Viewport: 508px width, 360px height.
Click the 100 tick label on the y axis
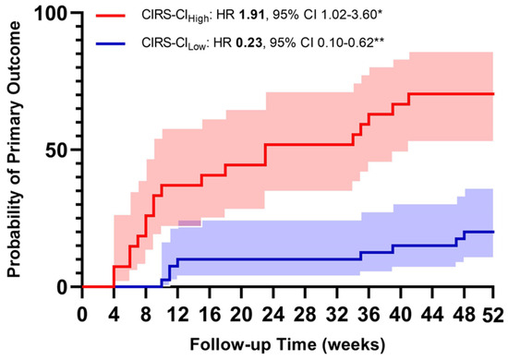[55, 14]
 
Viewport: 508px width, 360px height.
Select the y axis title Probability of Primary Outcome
[18, 148]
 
